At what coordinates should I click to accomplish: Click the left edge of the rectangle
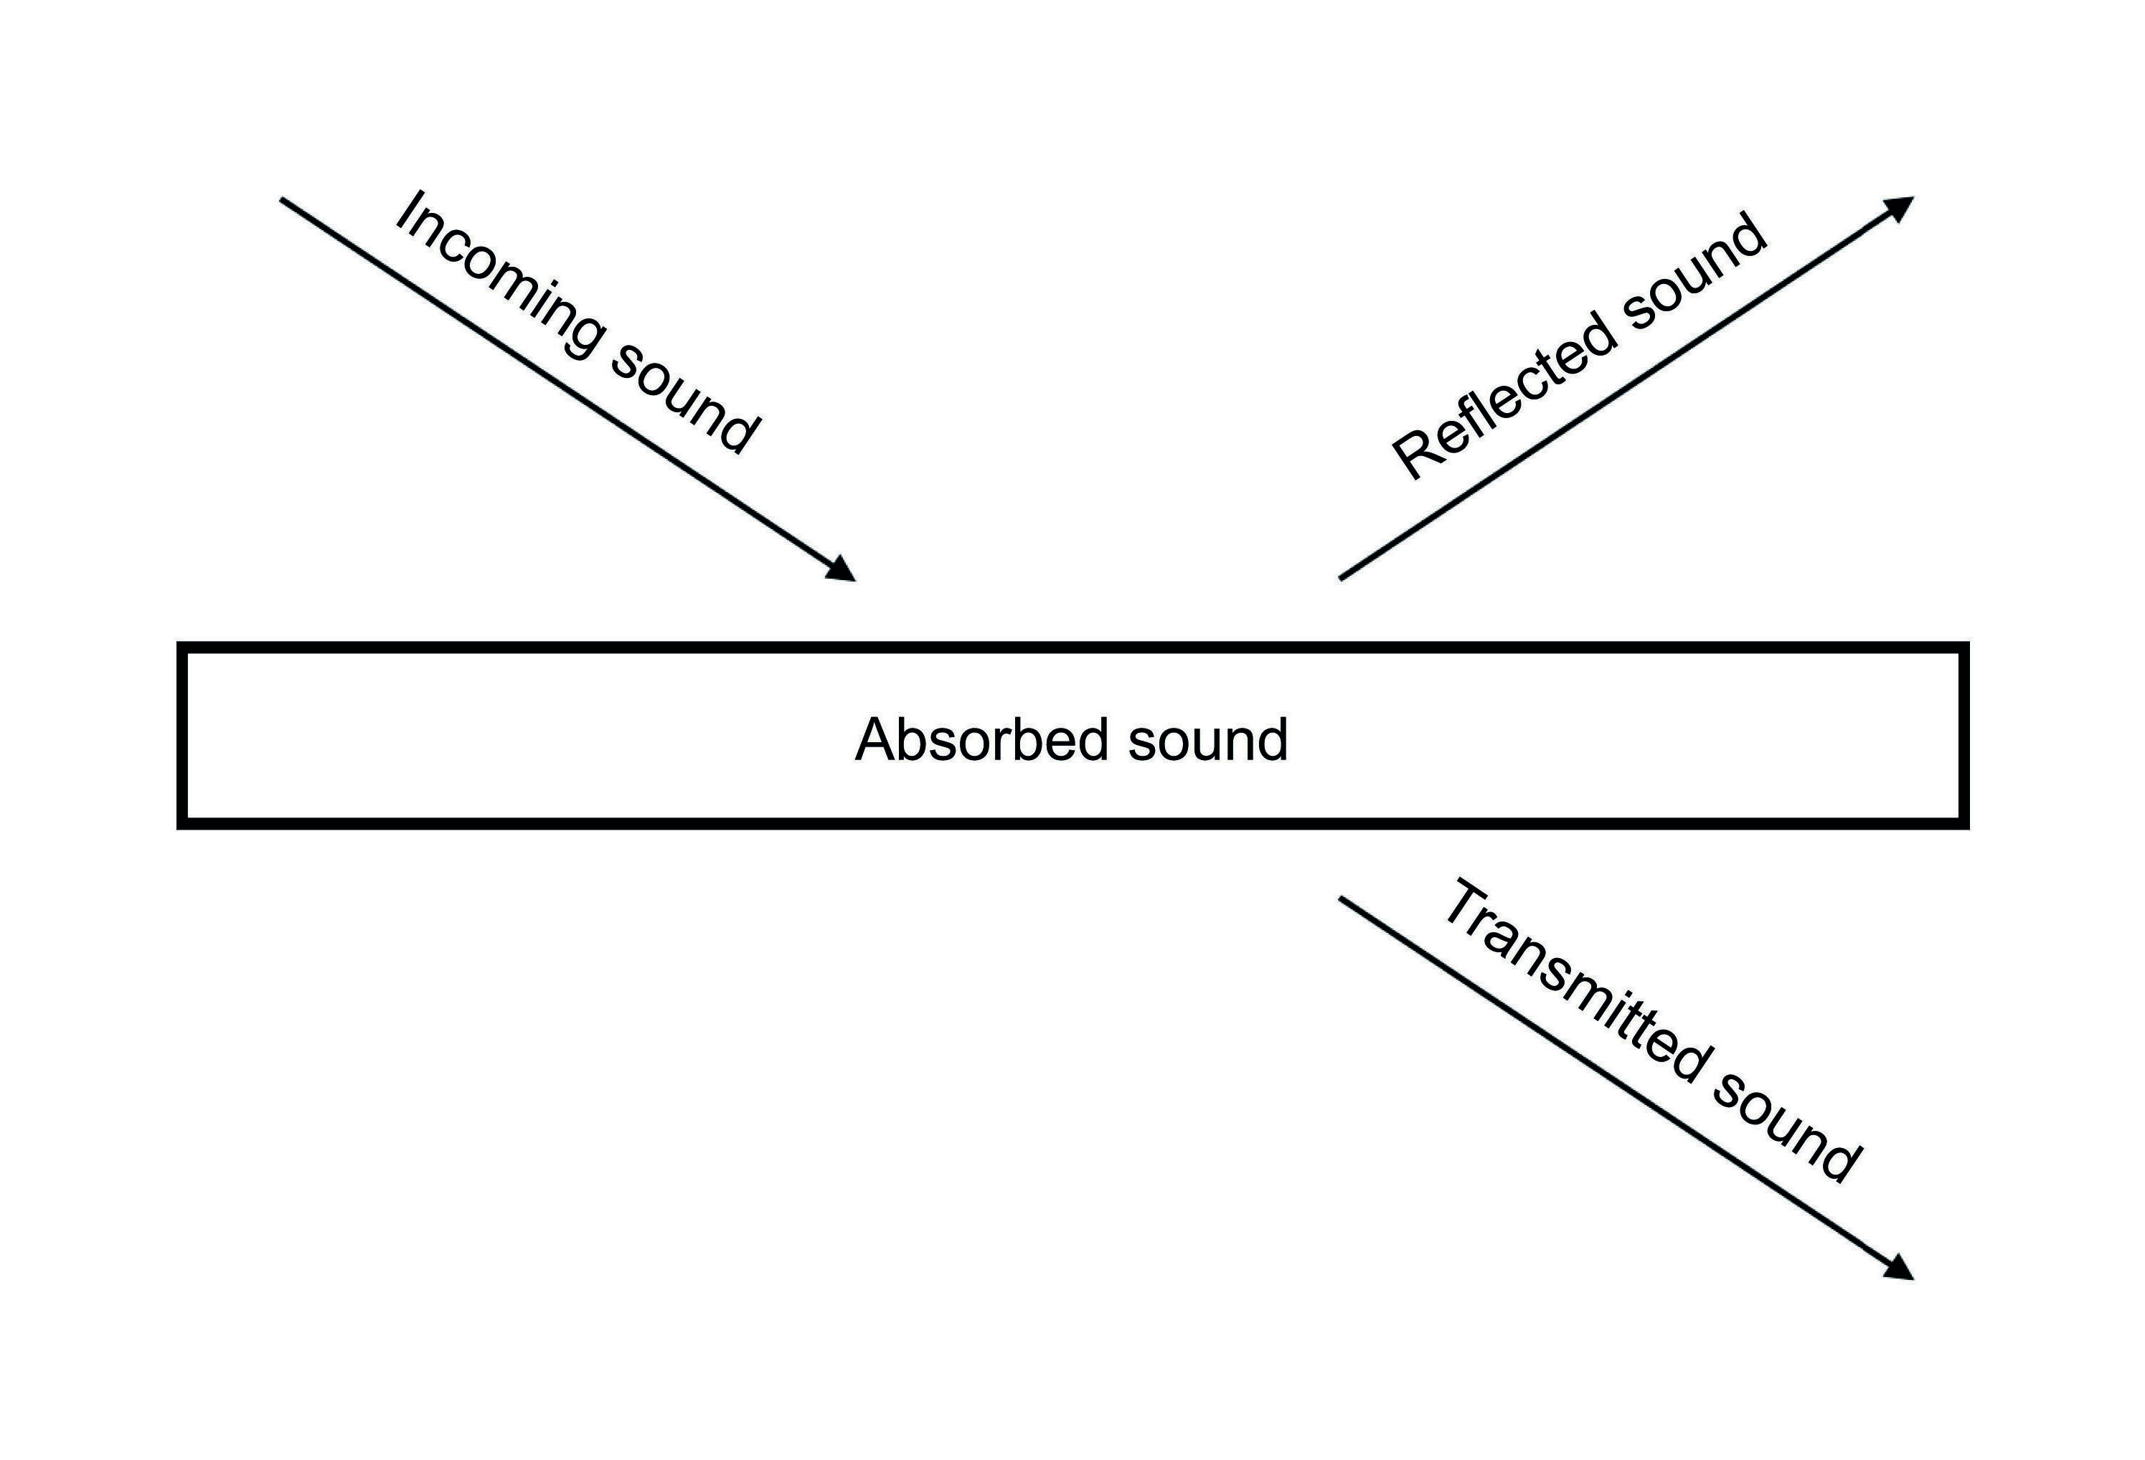click(183, 736)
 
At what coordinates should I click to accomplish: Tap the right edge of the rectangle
click(1964, 736)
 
